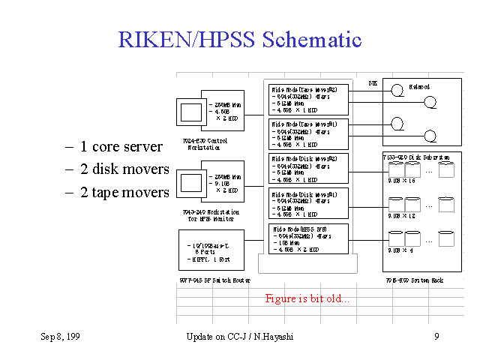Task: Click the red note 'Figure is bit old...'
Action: point(307,298)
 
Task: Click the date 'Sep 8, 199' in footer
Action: point(60,337)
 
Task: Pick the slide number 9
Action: point(436,337)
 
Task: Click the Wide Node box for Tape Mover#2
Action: point(308,99)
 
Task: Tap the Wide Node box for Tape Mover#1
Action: point(308,133)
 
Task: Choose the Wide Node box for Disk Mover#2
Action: point(308,169)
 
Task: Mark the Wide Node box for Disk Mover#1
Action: point(308,203)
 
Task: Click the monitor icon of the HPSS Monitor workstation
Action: point(193,184)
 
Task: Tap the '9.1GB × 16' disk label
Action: point(402,181)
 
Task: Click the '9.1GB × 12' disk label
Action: point(402,216)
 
